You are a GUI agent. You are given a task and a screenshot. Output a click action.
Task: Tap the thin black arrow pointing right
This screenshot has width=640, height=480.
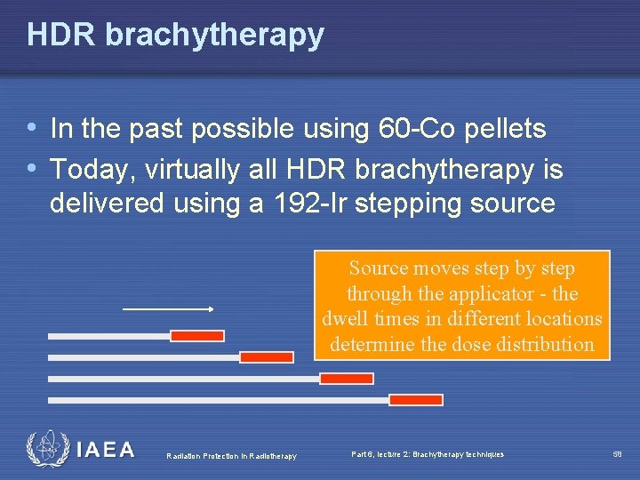[168, 309]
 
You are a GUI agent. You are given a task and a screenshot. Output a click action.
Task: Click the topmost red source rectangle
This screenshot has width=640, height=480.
[197, 335]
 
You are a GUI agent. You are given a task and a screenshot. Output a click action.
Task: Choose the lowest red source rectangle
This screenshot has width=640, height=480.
[416, 399]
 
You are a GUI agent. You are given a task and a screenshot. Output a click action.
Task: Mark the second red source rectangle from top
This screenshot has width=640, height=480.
[267, 356]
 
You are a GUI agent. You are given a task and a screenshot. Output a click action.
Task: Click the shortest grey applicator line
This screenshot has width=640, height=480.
[108, 336]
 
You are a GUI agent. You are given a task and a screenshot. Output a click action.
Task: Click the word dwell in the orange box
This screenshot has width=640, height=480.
[343, 318]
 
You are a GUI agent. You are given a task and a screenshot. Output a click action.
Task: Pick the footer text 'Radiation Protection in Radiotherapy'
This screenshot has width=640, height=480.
[232, 456]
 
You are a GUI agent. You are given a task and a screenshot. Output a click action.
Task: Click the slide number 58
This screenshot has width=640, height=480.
[617, 454]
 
